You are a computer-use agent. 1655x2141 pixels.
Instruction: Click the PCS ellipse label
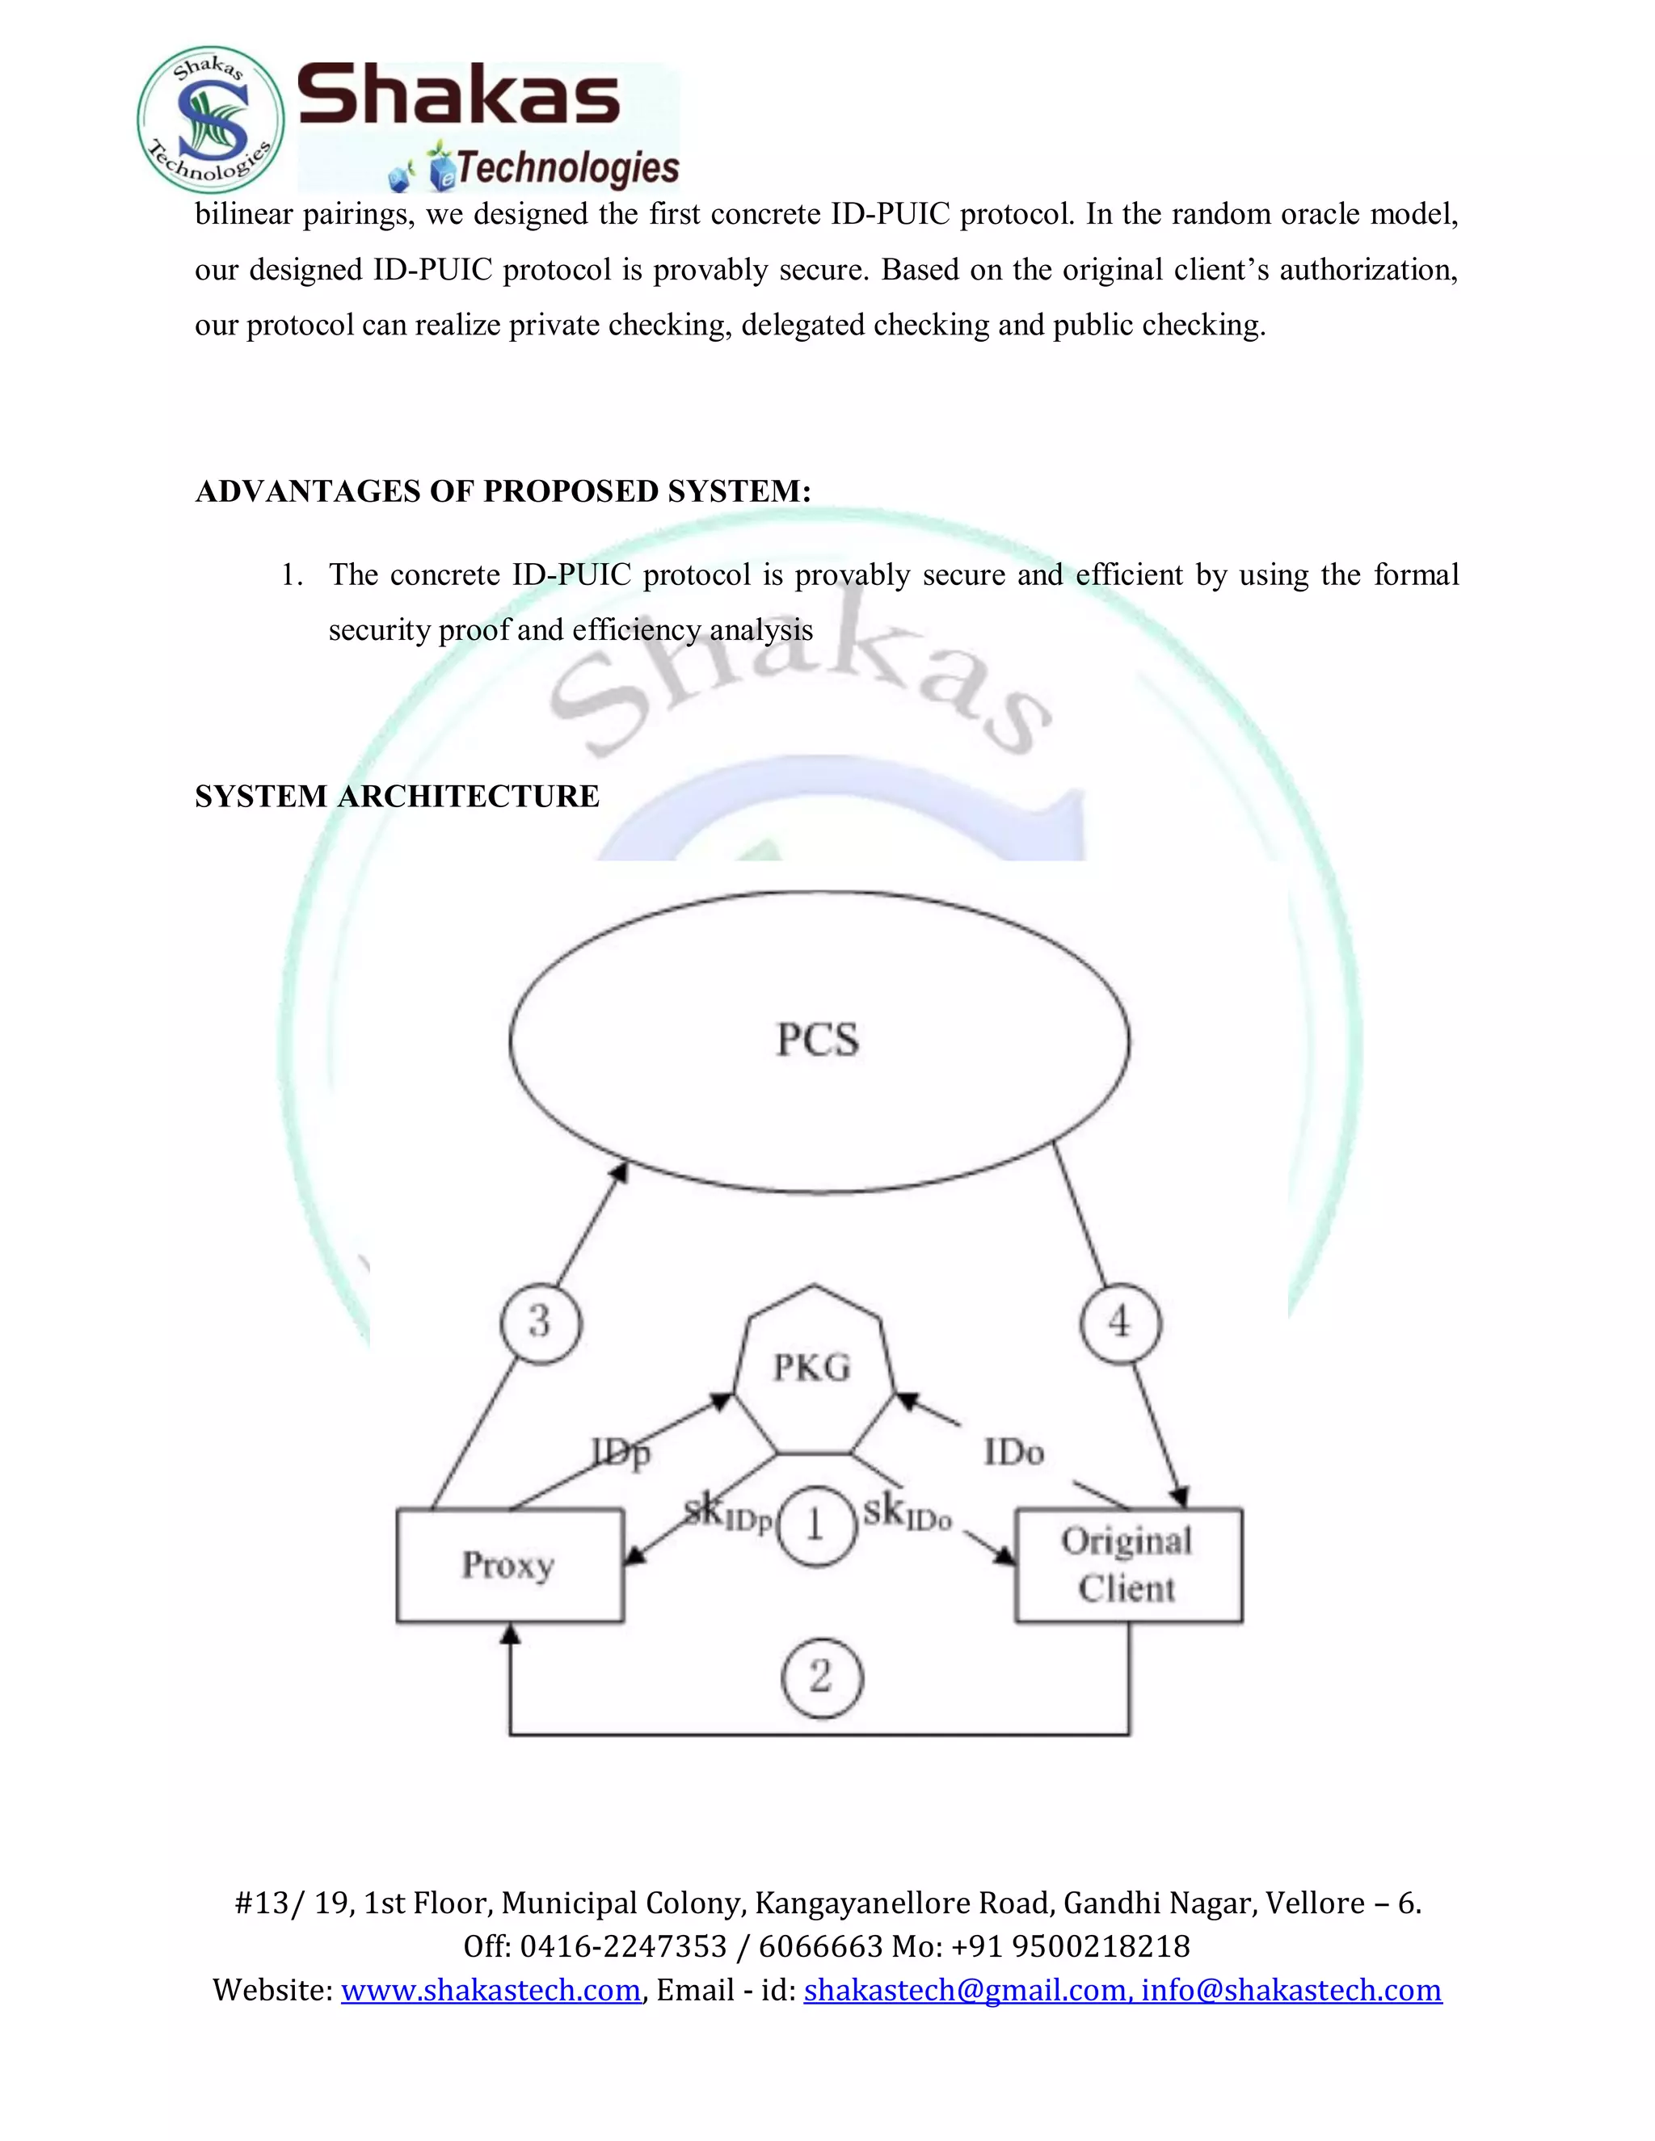click(818, 1040)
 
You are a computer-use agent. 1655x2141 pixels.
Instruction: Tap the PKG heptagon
click(813, 1369)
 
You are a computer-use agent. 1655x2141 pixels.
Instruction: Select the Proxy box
click(510, 1566)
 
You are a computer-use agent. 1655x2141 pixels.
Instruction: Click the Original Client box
click(1127, 1566)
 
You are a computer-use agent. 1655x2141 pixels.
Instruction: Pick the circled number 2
click(822, 1677)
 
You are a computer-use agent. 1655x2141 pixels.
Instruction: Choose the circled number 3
click(541, 1322)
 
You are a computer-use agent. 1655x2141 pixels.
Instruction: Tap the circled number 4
click(1120, 1323)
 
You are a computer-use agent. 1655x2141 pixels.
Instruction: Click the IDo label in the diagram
click(1014, 1453)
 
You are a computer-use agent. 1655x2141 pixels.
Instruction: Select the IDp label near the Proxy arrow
click(621, 1452)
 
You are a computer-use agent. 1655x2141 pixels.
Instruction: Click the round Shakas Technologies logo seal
click(211, 120)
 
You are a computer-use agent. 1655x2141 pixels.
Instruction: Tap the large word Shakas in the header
click(459, 95)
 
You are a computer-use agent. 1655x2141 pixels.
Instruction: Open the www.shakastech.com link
click(491, 1990)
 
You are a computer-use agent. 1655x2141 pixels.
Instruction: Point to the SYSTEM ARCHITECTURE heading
click(397, 796)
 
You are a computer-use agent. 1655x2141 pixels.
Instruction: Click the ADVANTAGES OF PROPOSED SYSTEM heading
click(503, 491)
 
